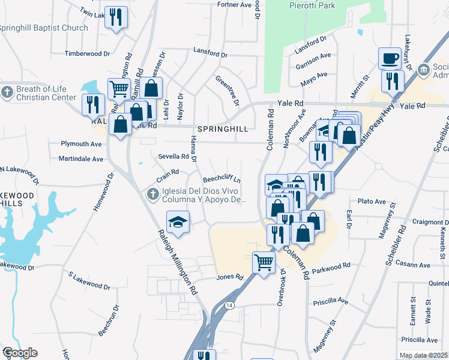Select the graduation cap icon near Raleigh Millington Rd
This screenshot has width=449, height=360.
pyautogui.click(x=178, y=222)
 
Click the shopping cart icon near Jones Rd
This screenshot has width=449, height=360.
pyautogui.click(x=264, y=262)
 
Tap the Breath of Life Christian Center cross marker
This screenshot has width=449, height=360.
pyautogui.click(x=7, y=92)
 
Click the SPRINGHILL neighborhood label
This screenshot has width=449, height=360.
pyautogui.click(x=222, y=129)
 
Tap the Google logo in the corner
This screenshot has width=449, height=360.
pyautogui.click(x=19, y=353)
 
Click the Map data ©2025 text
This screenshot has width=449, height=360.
pyautogui.click(x=424, y=355)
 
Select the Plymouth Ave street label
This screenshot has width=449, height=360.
pyautogui.click(x=82, y=144)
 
